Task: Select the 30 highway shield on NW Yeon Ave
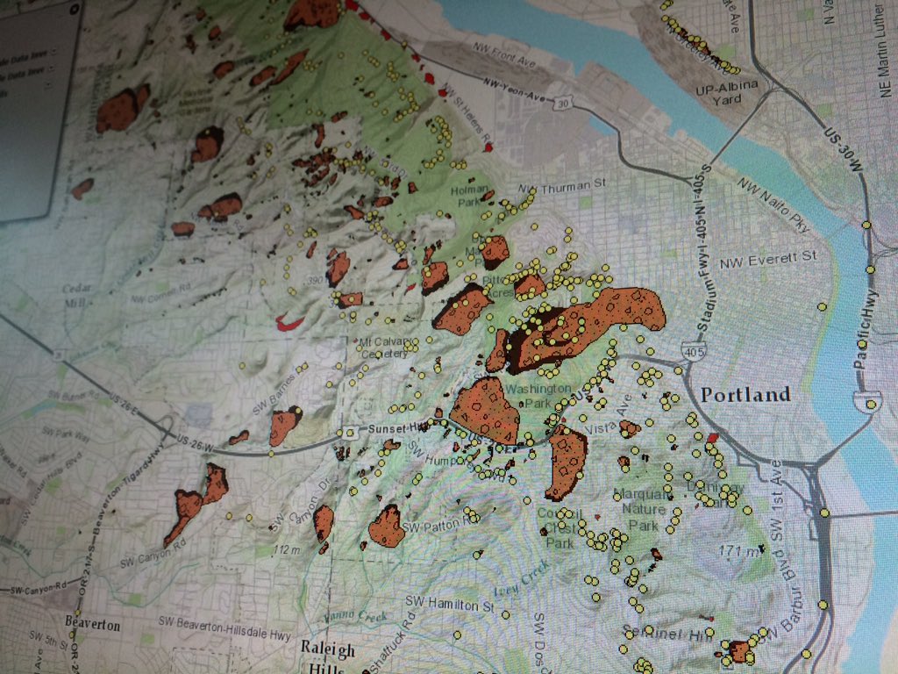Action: click(x=562, y=104)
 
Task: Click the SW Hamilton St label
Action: click(x=450, y=604)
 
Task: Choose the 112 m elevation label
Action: click(x=286, y=550)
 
